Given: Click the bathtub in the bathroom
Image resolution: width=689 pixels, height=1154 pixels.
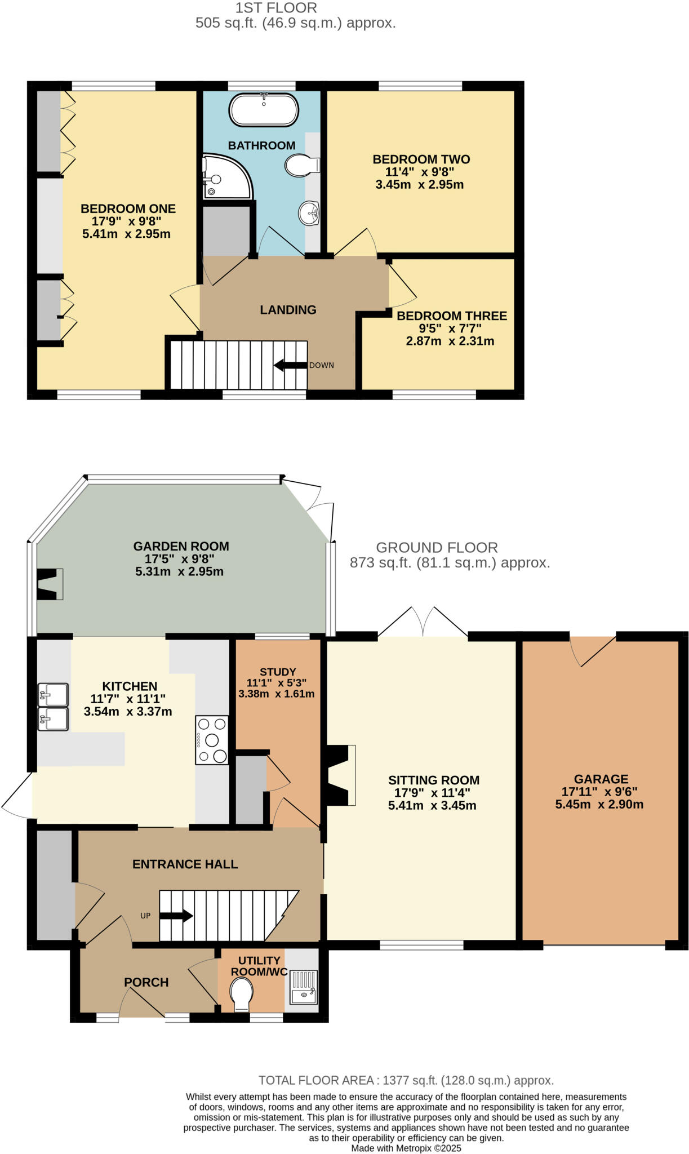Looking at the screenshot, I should [264, 109].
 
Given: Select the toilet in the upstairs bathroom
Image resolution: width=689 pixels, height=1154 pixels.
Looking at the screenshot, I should [301, 166].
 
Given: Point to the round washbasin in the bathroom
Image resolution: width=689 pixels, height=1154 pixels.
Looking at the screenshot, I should [309, 214].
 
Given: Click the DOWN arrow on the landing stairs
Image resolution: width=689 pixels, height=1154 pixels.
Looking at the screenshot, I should [290, 365].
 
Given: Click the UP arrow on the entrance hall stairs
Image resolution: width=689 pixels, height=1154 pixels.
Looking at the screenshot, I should [176, 916].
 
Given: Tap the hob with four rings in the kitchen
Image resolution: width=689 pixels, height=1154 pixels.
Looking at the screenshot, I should [212, 740].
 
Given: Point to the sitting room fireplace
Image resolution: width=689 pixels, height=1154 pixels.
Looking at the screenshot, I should [341, 775].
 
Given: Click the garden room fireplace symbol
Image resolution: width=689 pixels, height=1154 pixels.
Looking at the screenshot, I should [50, 584].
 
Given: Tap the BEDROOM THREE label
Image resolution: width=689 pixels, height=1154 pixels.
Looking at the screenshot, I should [451, 316].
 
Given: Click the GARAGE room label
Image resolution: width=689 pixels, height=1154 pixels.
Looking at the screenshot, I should [601, 779].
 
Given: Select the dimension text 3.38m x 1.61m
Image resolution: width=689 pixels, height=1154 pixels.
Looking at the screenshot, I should [276, 694].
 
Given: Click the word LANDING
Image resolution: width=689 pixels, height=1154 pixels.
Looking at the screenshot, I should [288, 310].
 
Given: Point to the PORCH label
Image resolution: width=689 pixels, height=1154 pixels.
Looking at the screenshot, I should [146, 982].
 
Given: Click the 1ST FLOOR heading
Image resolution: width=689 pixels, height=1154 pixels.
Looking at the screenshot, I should [276, 8].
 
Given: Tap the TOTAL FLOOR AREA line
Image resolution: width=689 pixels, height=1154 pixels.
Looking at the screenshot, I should [406, 1080].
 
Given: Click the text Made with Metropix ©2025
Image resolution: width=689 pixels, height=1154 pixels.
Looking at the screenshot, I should [406, 1148].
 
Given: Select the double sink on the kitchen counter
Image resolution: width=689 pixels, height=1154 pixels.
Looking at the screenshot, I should [53, 707].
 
